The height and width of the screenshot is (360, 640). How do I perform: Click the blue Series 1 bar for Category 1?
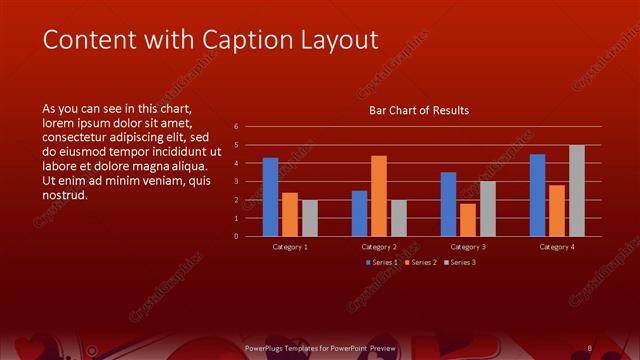tap(270, 197)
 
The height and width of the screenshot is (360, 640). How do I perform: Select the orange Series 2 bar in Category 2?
tap(379, 196)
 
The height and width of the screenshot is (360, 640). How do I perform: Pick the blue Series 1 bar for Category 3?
tap(448, 204)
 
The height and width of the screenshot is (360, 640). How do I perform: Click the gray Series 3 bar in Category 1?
tap(310, 218)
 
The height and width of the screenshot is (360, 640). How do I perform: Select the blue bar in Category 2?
tap(359, 213)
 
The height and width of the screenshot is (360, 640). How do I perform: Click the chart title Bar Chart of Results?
tap(419, 110)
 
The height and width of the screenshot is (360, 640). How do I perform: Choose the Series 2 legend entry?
tap(420, 262)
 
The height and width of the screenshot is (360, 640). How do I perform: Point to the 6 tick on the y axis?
tap(236, 126)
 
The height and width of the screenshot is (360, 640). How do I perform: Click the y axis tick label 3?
tap(236, 181)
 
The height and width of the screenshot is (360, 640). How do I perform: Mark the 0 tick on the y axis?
tap(236, 236)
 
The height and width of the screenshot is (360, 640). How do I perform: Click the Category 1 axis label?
tap(290, 246)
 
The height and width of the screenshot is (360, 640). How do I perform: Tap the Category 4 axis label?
tap(557, 246)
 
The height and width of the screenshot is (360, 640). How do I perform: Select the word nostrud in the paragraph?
tap(65, 194)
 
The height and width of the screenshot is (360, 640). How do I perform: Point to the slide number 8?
tap(590, 347)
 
